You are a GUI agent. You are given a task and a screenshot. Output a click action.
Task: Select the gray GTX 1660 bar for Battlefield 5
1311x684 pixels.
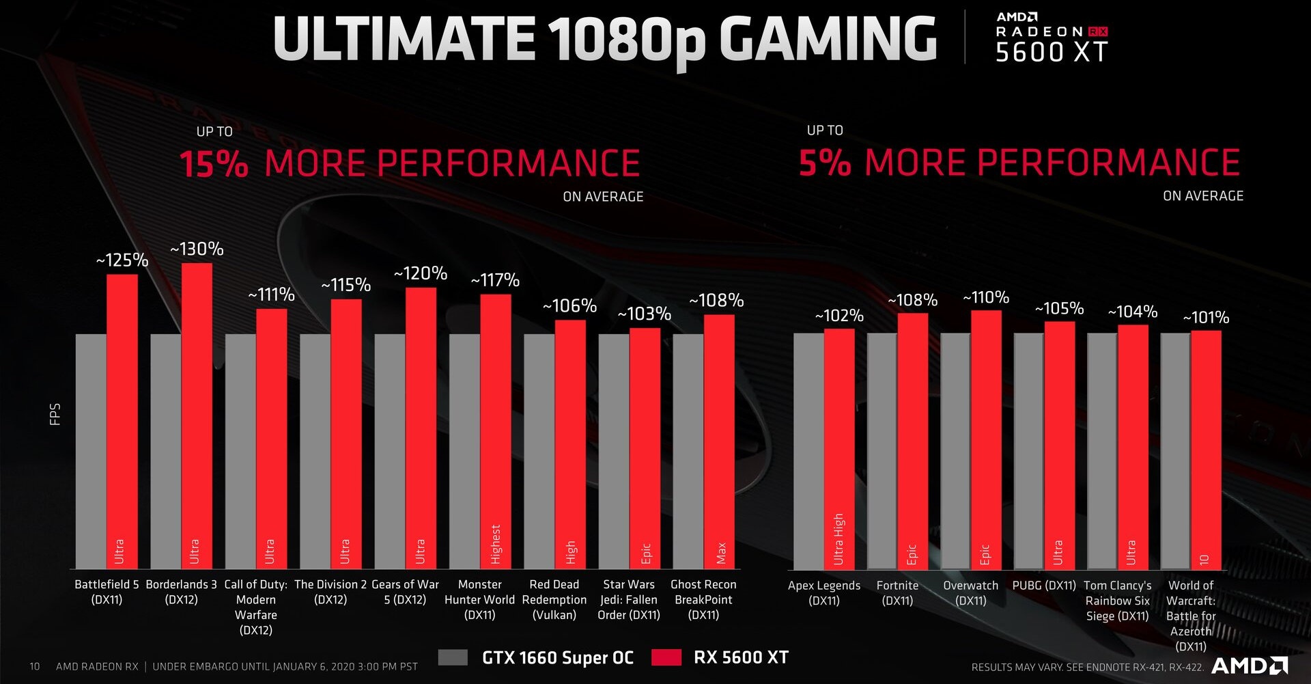tap(91, 451)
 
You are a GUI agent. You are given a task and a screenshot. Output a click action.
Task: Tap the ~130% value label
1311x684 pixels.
tap(197, 249)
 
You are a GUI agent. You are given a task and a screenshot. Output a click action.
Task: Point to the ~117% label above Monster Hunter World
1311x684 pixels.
tap(495, 280)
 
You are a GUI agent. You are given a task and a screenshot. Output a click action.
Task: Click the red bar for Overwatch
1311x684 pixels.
tap(986, 437)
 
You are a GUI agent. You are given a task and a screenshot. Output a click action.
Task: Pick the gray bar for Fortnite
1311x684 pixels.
tap(882, 451)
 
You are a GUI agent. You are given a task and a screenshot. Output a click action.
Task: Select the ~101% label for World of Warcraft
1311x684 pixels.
tap(1206, 318)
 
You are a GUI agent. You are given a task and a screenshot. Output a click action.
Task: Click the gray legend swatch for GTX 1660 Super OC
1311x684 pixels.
tap(453, 657)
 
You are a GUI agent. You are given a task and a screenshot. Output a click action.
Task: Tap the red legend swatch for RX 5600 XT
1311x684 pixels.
tap(666, 657)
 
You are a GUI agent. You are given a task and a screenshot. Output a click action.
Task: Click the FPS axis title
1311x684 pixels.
tap(55, 414)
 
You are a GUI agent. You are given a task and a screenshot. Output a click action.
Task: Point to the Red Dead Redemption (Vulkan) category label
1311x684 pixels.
tap(554, 600)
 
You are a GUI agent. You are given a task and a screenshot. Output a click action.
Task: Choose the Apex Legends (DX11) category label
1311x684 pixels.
tap(824, 593)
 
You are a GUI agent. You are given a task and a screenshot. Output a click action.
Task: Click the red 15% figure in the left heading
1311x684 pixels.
tap(214, 165)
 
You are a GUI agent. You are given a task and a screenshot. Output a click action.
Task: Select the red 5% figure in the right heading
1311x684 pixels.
tap(825, 163)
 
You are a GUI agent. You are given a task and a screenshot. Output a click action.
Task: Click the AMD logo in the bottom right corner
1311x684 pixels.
tap(1250, 666)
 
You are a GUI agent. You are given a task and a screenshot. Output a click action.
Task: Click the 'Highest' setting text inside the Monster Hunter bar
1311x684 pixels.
tap(496, 544)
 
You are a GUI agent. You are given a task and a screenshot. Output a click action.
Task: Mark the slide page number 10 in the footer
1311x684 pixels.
tap(35, 666)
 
